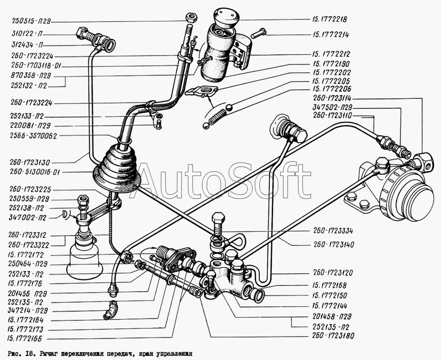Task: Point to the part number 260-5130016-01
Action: (x=35, y=172)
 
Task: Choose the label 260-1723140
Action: (x=333, y=245)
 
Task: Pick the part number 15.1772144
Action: (x=329, y=306)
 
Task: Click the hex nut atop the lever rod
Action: (x=191, y=18)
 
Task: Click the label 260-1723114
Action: (x=332, y=98)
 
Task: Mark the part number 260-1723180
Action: (x=333, y=336)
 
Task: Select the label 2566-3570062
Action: (x=33, y=136)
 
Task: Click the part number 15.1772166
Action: (x=25, y=339)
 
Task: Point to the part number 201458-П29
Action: (x=332, y=317)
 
